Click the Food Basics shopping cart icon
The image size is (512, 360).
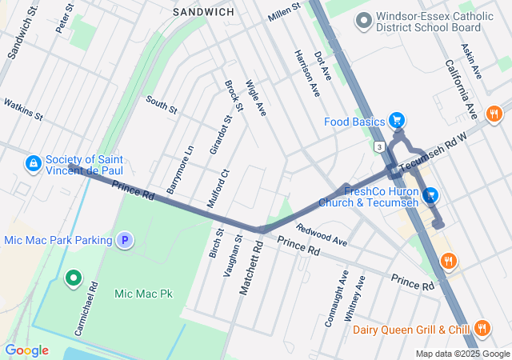point(397,122)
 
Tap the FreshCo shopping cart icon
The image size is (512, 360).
point(430,195)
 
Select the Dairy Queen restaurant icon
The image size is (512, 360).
point(482,328)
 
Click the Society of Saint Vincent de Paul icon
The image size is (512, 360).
point(33,164)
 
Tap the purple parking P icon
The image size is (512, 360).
point(124,239)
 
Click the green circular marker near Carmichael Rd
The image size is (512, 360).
point(74,278)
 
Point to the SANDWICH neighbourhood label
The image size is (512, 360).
point(204,12)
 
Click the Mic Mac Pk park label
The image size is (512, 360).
point(144,294)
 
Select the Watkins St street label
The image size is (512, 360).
point(23,110)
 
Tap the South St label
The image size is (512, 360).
point(161,105)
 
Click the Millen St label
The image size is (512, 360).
point(284,11)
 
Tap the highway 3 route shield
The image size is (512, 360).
point(378,146)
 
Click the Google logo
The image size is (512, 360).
point(26,350)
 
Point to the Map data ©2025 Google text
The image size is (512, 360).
point(462,354)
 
